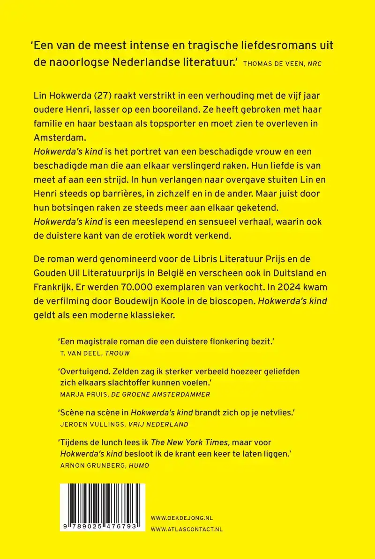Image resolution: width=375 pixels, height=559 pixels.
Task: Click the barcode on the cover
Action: coord(102,508)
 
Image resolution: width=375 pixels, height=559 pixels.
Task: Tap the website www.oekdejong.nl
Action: coord(182,518)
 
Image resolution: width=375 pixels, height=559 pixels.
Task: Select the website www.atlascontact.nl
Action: coord(187,529)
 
